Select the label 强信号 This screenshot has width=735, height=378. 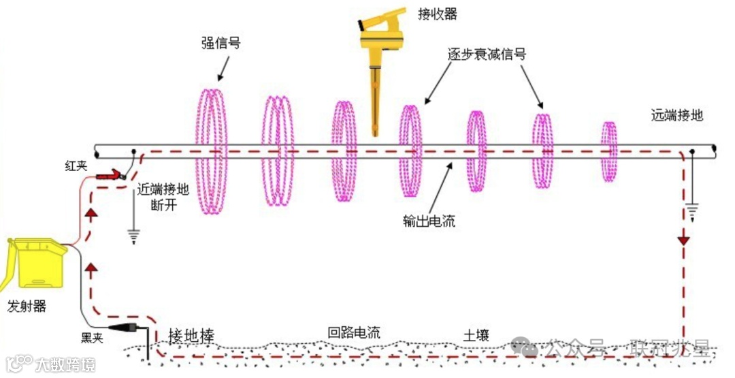pos(221,44)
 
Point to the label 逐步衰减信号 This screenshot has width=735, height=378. pos(486,54)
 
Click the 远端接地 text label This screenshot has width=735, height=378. pos(676,115)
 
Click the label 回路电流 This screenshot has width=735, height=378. pos(354,333)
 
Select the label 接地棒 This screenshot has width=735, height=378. pos(192,336)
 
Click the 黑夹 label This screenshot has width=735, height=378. pos(92,338)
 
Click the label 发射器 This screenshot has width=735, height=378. pos(27,306)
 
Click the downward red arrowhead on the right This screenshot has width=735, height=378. pos(683,240)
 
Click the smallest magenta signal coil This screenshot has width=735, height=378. pos(608,151)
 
